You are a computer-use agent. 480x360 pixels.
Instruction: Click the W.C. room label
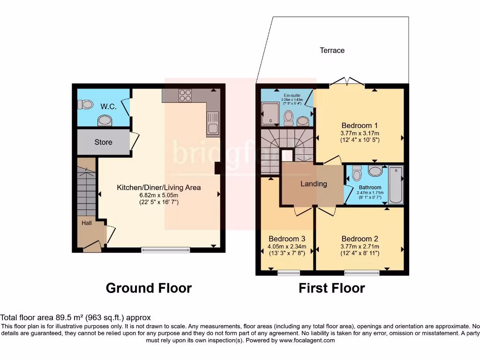coord(108,106)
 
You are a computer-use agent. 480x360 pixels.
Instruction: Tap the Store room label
coord(103,142)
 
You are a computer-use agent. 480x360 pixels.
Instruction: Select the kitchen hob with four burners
coord(185,95)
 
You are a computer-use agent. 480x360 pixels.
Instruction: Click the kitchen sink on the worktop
coord(212,123)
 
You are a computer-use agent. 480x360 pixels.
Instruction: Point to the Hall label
coord(87,223)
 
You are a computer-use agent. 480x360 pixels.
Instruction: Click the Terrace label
coord(332,50)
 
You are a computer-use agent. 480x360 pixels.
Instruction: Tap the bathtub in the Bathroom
coord(396,185)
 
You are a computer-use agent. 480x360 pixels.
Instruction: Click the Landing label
coord(314,184)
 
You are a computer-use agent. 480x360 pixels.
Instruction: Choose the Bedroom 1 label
coord(360,126)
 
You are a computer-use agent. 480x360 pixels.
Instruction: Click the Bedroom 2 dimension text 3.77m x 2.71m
coord(360,247)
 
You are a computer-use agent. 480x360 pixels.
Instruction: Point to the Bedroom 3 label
coord(287,239)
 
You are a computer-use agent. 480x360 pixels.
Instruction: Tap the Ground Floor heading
coord(149,287)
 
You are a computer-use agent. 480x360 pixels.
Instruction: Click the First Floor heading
coord(331,287)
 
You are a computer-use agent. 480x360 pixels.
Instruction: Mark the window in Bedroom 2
coord(362,272)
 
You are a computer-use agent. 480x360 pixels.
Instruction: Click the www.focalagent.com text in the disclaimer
coord(307,340)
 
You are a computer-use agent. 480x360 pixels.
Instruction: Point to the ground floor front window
coord(166,250)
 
